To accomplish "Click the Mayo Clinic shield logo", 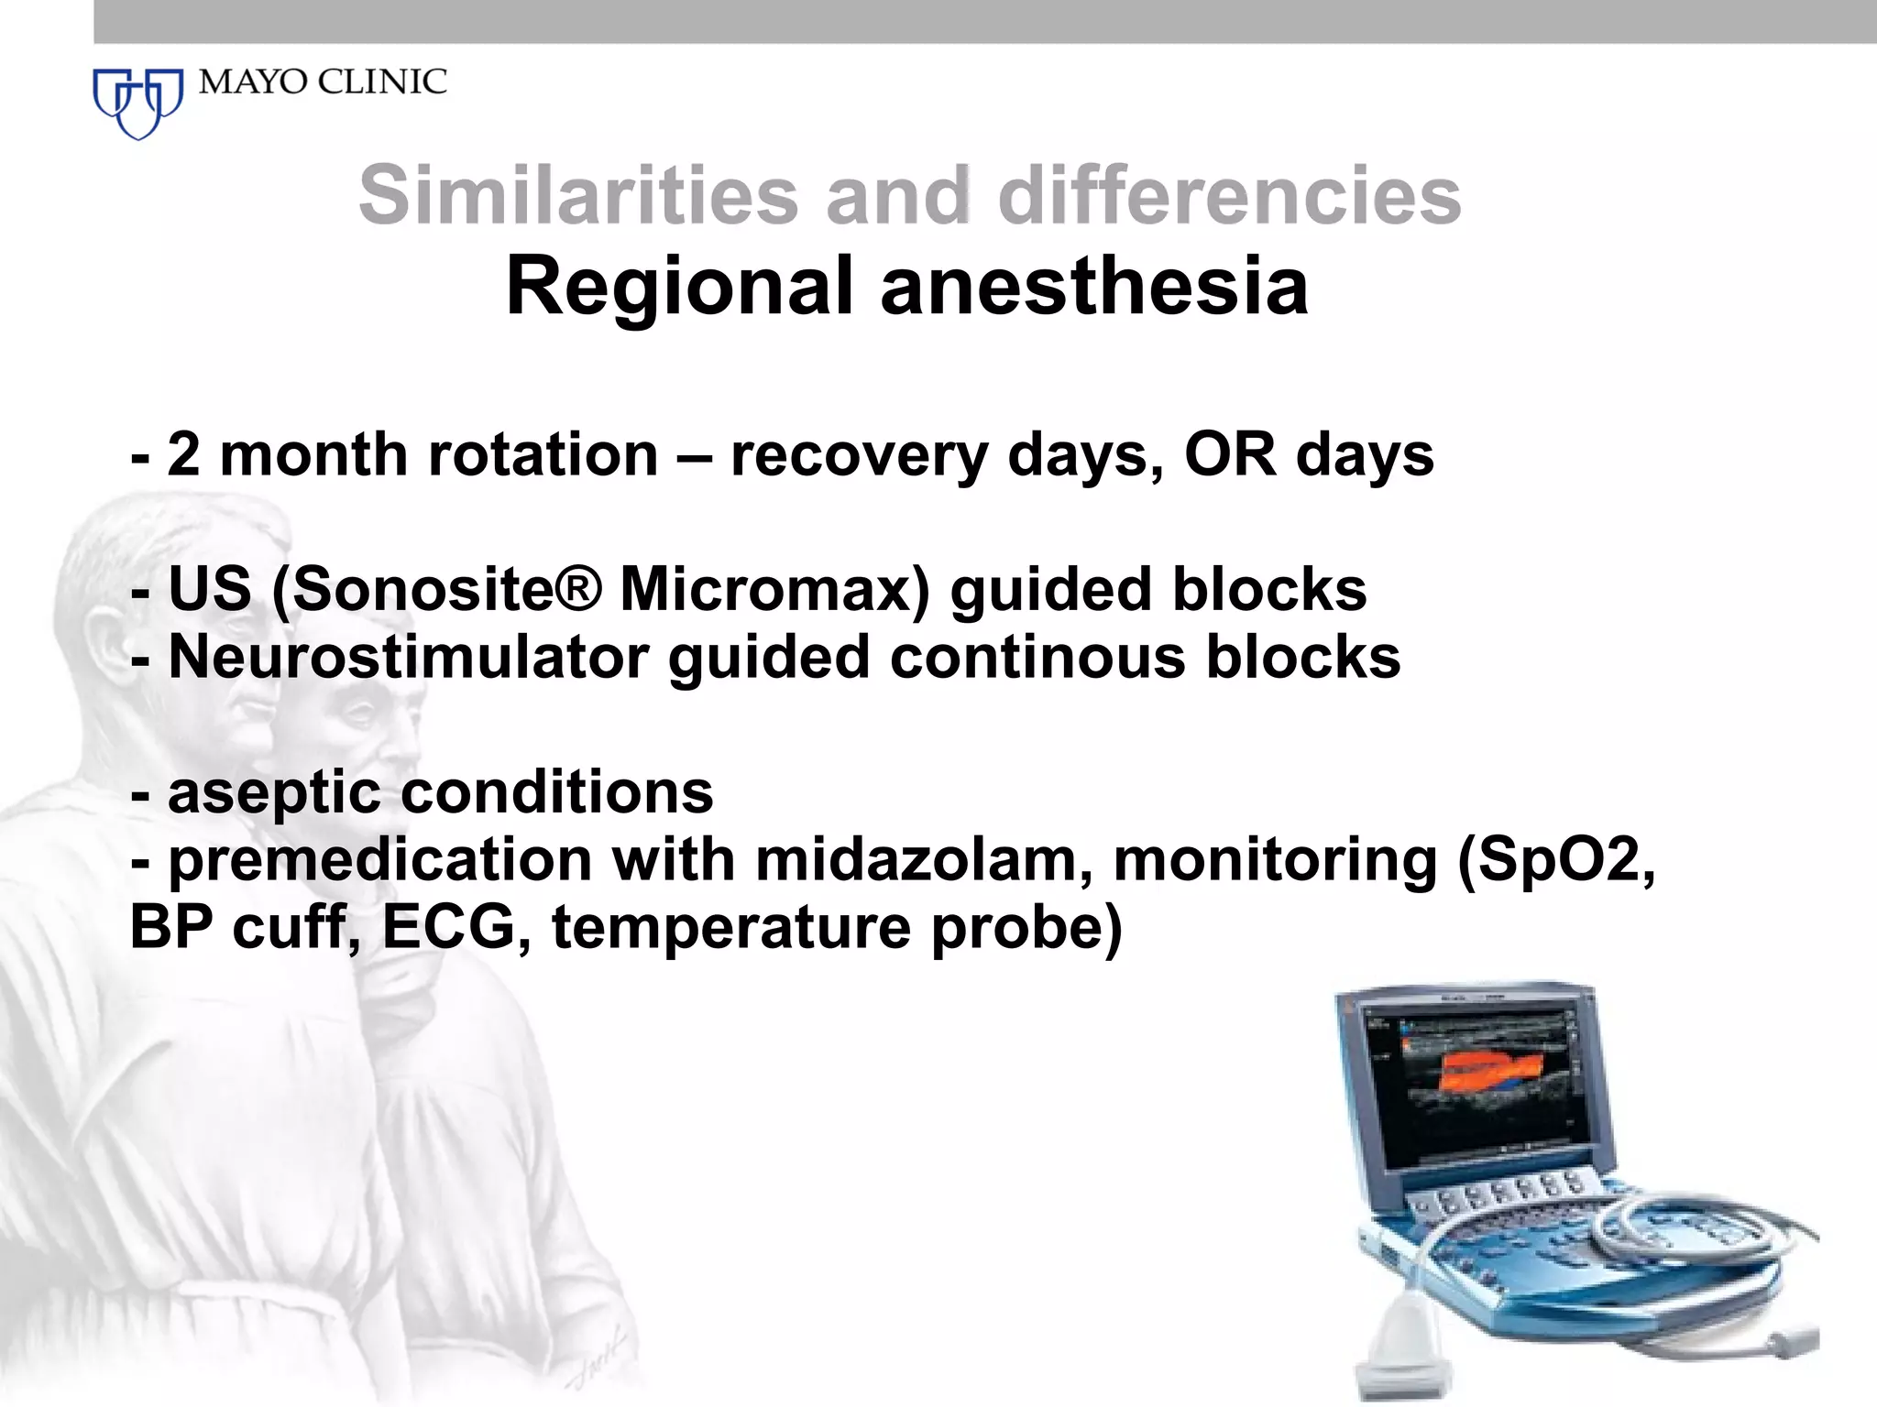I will point(138,102).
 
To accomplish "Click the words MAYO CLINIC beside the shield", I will point(323,82).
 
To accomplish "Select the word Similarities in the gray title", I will point(578,195).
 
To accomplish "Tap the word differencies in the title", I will point(1229,195).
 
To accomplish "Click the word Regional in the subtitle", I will point(679,287).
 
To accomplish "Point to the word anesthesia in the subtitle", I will point(1094,287).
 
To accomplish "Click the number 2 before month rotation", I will point(183,454).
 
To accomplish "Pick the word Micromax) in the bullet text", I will point(774,589).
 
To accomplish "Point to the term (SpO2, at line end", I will point(1555,862).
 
